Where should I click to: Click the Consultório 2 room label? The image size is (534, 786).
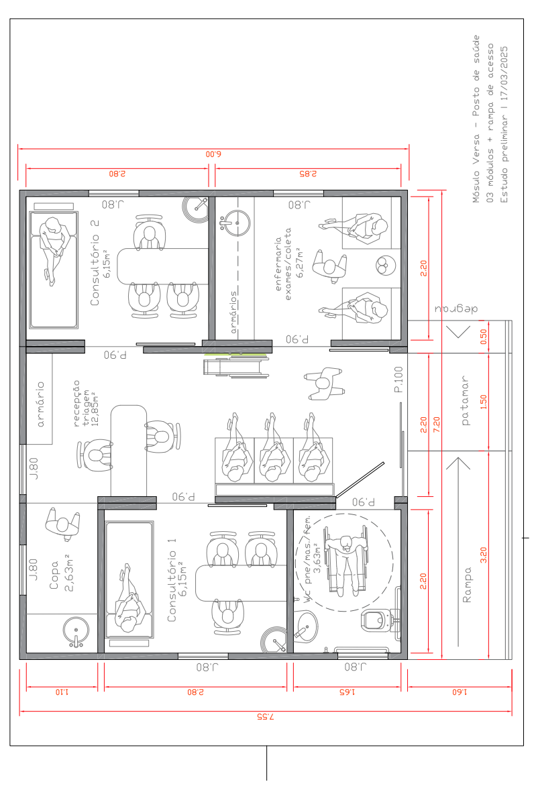(x=100, y=262)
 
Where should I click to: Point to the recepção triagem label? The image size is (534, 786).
(x=85, y=403)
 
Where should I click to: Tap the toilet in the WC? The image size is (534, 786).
(x=380, y=620)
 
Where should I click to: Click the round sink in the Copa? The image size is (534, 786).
(x=76, y=632)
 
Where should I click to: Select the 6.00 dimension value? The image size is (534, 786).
(x=213, y=154)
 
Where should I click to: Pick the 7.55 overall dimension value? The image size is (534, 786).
(x=266, y=716)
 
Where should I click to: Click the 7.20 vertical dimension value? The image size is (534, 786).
(x=436, y=425)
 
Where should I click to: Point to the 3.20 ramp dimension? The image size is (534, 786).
(x=484, y=555)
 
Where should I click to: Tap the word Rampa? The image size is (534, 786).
(x=467, y=585)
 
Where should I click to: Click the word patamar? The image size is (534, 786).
(x=466, y=400)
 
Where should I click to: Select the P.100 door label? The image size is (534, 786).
(x=398, y=380)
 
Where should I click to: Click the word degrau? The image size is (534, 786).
(x=456, y=308)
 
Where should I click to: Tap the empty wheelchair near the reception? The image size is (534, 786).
(x=235, y=364)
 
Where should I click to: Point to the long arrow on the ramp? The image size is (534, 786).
(x=458, y=551)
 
